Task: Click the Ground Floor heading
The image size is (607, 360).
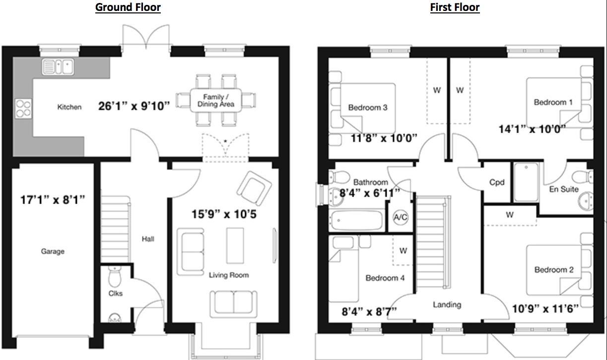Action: tap(128, 7)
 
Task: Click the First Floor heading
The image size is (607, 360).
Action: tap(455, 7)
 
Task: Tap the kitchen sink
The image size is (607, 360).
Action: tap(58, 67)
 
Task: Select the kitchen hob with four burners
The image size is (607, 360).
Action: tap(23, 108)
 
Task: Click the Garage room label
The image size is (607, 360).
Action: tap(53, 251)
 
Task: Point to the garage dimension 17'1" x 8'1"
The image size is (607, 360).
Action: tap(53, 200)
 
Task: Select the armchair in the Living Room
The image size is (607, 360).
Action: tap(254, 187)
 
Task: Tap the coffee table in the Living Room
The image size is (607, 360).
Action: tap(235, 245)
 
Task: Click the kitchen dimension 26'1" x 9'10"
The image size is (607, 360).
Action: tap(134, 105)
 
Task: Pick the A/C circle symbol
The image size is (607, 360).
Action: tap(401, 217)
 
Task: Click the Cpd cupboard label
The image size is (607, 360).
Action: tap(497, 182)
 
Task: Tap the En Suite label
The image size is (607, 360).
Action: tap(563, 189)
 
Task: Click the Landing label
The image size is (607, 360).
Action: tap(447, 304)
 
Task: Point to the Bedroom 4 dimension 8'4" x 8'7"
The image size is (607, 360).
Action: tap(369, 311)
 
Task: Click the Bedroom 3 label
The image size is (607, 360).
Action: tap(367, 107)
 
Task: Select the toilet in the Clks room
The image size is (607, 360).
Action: tap(114, 274)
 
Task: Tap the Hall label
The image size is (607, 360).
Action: tap(147, 239)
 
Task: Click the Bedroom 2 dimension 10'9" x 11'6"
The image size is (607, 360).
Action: tap(545, 308)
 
